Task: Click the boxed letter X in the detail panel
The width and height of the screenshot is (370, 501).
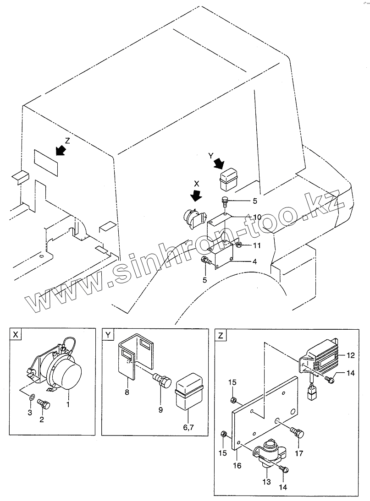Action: pos(16,335)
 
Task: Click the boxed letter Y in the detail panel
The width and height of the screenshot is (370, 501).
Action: pos(108,335)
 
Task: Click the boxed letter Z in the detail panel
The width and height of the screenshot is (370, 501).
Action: pos(221,335)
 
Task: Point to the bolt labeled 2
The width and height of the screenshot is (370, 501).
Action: pos(44,404)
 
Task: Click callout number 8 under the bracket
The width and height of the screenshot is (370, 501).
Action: pos(127,392)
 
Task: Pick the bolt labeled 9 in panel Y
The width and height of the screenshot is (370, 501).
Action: pos(161,380)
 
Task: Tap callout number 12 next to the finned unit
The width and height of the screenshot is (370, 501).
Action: pos(351,355)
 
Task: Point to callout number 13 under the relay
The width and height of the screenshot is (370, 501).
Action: pos(266,482)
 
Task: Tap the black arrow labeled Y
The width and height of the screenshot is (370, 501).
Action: pos(219,163)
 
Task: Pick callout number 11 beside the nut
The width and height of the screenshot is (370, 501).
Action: pos(257,245)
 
